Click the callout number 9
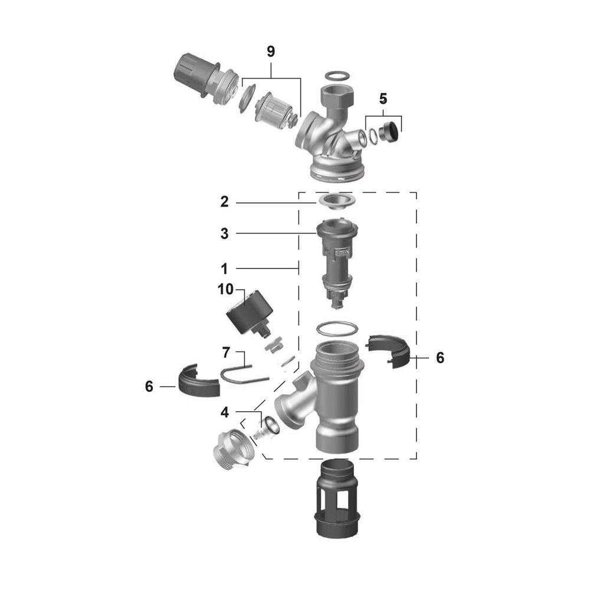tap(271, 51)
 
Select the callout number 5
tap(383, 99)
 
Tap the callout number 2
tap(224, 202)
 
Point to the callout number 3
tap(224, 234)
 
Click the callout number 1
tap(224, 269)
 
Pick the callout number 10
tap(225, 289)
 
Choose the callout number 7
tap(226, 353)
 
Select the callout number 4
tap(225, 412)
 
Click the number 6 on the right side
tap(440, 358)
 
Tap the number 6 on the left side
tap(149, 386)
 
